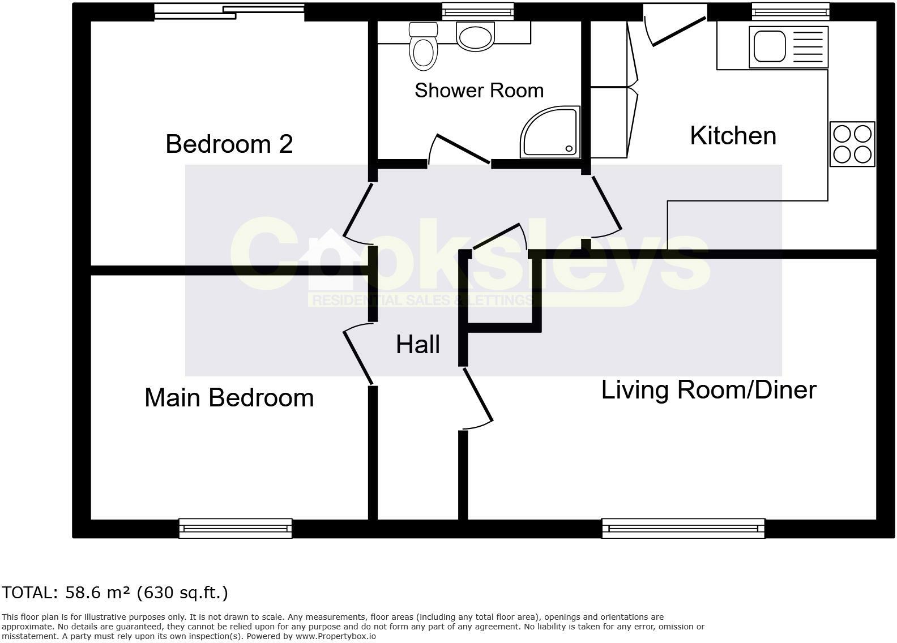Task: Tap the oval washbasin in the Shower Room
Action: (x=475, y=37)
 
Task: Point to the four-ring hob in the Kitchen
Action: (x=852, y=144)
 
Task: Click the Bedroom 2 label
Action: (x=229, y=144)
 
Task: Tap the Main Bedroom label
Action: (x=229, y=398)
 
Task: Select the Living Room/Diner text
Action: (x=708, y=390)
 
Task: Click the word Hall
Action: (x=418, y=345)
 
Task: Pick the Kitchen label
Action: (x=733, y=136)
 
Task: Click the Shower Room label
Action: (x=479, y=91)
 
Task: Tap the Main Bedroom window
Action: (x=235, y=528)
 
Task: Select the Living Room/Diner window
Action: (x=683, y=528)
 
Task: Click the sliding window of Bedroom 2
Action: (x=229, y=11)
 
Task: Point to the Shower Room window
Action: (x=478, y=11)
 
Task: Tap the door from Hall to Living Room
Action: (x=478, y=395)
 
